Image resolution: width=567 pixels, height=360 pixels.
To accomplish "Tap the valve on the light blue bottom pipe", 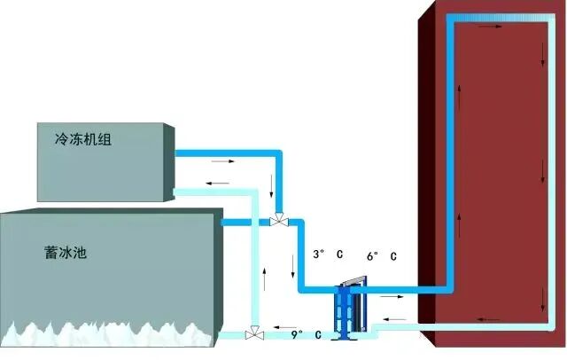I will [x=254, y=334].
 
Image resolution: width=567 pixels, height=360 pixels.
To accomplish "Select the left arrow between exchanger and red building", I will [x=396, y=318].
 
